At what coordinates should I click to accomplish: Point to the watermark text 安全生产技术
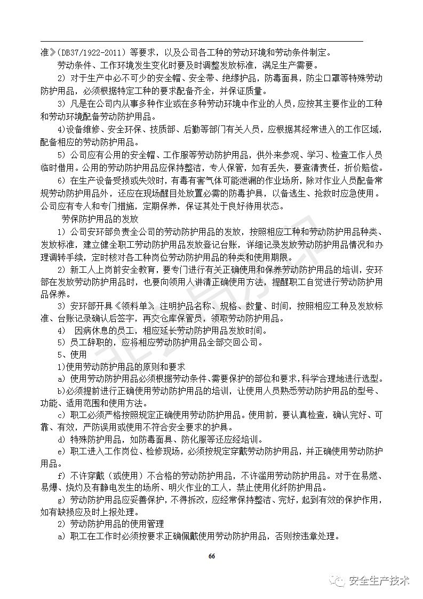[379, 581]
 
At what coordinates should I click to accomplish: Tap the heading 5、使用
[71, 354]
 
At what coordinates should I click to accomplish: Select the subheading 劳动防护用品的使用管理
[118, 524]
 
